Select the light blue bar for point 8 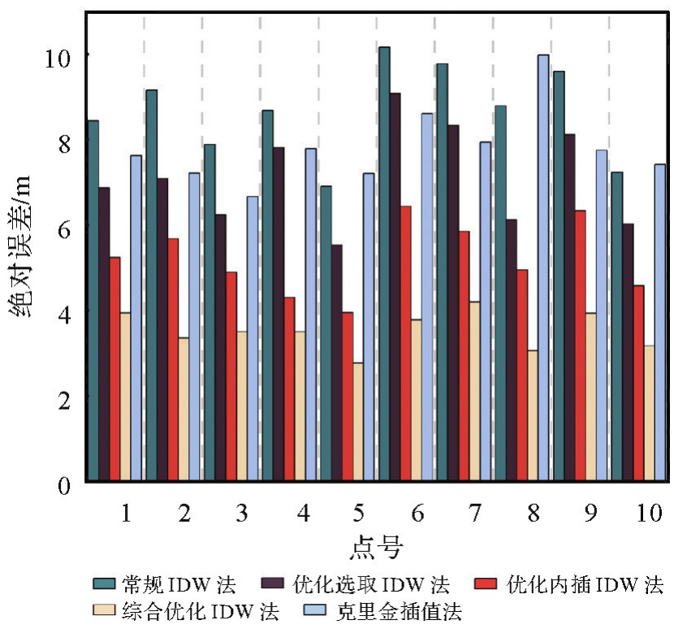pyautogui.click(x=543, y=269)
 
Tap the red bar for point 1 pyautogui.click(x=115, y=370)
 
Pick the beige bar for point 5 pyautogui.click(x=358, y=423)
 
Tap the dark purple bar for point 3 pyautogui.click(x=220, y=349)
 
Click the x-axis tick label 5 pyautogui.click(x=358, y=514)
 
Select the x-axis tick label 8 pyautogui.click(x=533, y=514)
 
